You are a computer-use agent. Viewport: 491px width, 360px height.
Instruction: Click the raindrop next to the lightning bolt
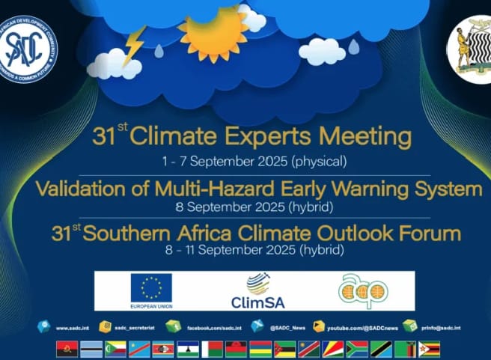159,52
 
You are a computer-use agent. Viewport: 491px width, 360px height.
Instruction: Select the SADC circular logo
28,50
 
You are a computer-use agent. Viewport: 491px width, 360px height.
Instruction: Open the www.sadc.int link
73,328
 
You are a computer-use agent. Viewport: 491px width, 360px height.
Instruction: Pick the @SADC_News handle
288,328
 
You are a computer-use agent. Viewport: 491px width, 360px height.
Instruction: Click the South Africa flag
357,350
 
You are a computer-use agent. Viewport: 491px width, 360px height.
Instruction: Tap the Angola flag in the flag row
67,350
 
